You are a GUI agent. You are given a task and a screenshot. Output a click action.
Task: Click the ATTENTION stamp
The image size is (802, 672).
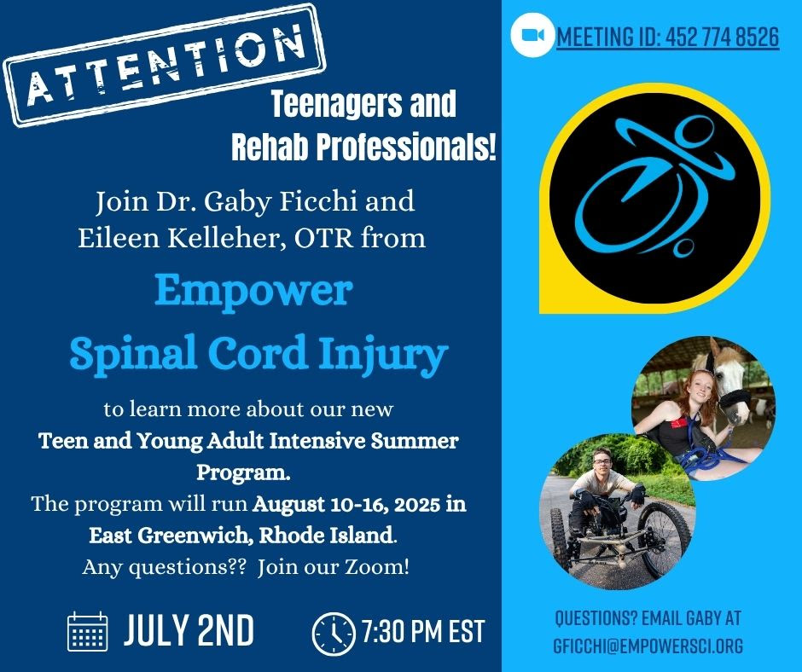tap(165, 65)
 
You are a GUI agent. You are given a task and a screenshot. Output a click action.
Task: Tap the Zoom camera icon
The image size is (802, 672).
tap(532, 35)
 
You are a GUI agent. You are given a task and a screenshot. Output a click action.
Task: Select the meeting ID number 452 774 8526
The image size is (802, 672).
tap(724, 37)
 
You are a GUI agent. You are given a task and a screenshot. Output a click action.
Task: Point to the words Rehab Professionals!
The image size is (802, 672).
tap(363, 148)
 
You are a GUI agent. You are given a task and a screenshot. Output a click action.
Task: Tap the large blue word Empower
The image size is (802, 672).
tap(253, 292)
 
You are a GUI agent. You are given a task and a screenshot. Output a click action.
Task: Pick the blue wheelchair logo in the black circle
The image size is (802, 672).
tap(654, 187)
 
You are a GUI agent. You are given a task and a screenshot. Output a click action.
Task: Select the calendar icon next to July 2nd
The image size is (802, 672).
tap(88, 631)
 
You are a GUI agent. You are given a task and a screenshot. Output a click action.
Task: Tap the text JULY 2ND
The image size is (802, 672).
tap(189, 630)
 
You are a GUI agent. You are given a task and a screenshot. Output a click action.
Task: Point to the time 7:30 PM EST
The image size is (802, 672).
tap(423, 632)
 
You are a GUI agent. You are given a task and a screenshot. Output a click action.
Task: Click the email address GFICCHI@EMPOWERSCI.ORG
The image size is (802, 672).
tap(648, 646)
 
